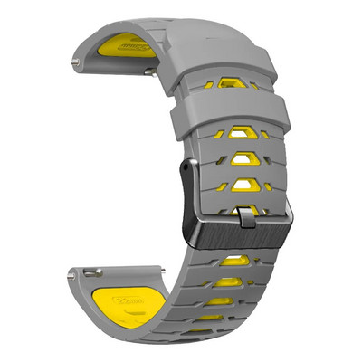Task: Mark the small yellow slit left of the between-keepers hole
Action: point(208,84)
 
